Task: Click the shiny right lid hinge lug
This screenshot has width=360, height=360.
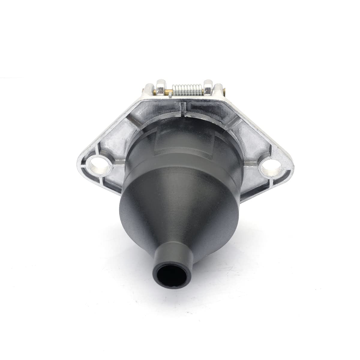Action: pos(208,88)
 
